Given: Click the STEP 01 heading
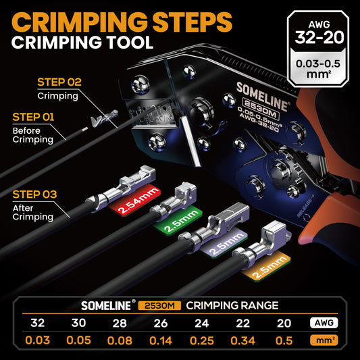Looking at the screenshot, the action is click(x=33, y=117).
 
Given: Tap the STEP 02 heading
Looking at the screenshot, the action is click(x=59, y=82).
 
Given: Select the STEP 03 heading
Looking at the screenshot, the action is click(x=34, y=195).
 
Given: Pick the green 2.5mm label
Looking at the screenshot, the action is click(x=178, y=220).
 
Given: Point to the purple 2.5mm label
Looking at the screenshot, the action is click(x=224, y=243).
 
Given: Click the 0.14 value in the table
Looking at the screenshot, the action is click(x=161, y=340).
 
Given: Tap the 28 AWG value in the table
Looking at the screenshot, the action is click(x=120, y=323).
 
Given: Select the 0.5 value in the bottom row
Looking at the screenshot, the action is click(x=284, y=340).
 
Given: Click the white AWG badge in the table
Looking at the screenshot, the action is click(x=324, y=323).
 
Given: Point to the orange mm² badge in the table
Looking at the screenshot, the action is click(x=324, y=340).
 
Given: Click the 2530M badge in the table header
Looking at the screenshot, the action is click(x=159, y=305).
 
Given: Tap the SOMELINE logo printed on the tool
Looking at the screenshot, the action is click(x=262, y=97).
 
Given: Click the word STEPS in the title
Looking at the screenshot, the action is click(x=192, y=22).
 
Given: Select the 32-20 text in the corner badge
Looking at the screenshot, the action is click(x=319, y=38).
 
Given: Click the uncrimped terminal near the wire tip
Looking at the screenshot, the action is click(x=105, y=118).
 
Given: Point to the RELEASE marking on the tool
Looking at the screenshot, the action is click(x=305, y=206).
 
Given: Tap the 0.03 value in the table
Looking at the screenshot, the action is click(x=37, y=340).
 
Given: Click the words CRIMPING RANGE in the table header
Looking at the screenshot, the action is click(x=232, y=305).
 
